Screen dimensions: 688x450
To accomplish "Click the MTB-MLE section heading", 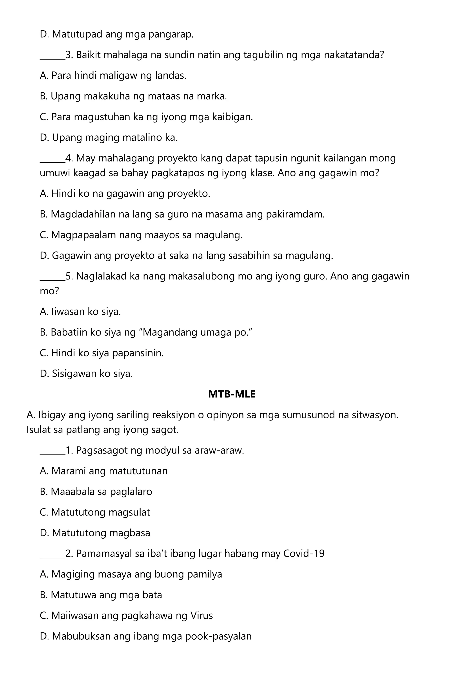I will (x=232, y=394).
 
